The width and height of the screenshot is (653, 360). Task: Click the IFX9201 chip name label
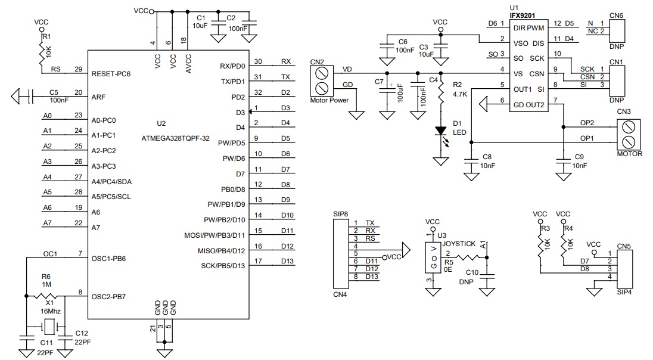pos(523,15)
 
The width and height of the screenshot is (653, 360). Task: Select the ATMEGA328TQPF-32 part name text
pos(175,138)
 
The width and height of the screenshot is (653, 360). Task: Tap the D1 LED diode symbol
pos(441,131)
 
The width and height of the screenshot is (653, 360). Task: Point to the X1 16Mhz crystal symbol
pos(49,326)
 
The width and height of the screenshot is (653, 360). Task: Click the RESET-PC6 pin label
pos(111,74)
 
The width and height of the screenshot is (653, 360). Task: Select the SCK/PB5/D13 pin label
pos(223,266)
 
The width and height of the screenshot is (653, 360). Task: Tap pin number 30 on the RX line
pos(258,61)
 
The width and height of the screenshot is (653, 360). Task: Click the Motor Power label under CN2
pos(329,100)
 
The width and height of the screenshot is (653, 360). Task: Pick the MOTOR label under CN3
pos(629,154)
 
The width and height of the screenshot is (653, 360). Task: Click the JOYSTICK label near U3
pos(459,244)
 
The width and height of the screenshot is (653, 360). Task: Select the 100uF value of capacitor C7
pos(400,94)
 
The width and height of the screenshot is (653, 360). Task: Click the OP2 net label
pos(587,123)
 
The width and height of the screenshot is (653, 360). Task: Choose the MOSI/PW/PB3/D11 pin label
pos(214,235)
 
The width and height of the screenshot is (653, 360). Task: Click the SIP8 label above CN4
pos(341,214)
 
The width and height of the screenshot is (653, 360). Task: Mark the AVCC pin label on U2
pos(188,64)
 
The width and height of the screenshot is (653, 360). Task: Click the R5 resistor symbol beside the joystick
pos(469,257)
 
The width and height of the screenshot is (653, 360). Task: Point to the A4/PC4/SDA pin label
pos(111,182)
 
